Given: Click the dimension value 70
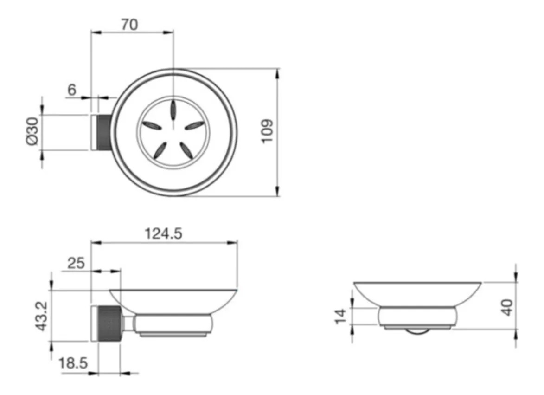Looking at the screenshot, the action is [x=129, y=25].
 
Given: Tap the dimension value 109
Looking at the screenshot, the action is [x=268, y=131].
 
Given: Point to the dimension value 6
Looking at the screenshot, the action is [x=72, y=90].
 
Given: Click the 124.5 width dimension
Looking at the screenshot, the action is [x=163, y=233].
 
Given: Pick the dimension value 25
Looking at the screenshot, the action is [x=76, y=263].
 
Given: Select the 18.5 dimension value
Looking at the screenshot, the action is [x=73, y=363].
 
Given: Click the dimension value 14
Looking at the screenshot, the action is [x=341, y=316].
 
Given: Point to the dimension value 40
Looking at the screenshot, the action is [x=507, y=307].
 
